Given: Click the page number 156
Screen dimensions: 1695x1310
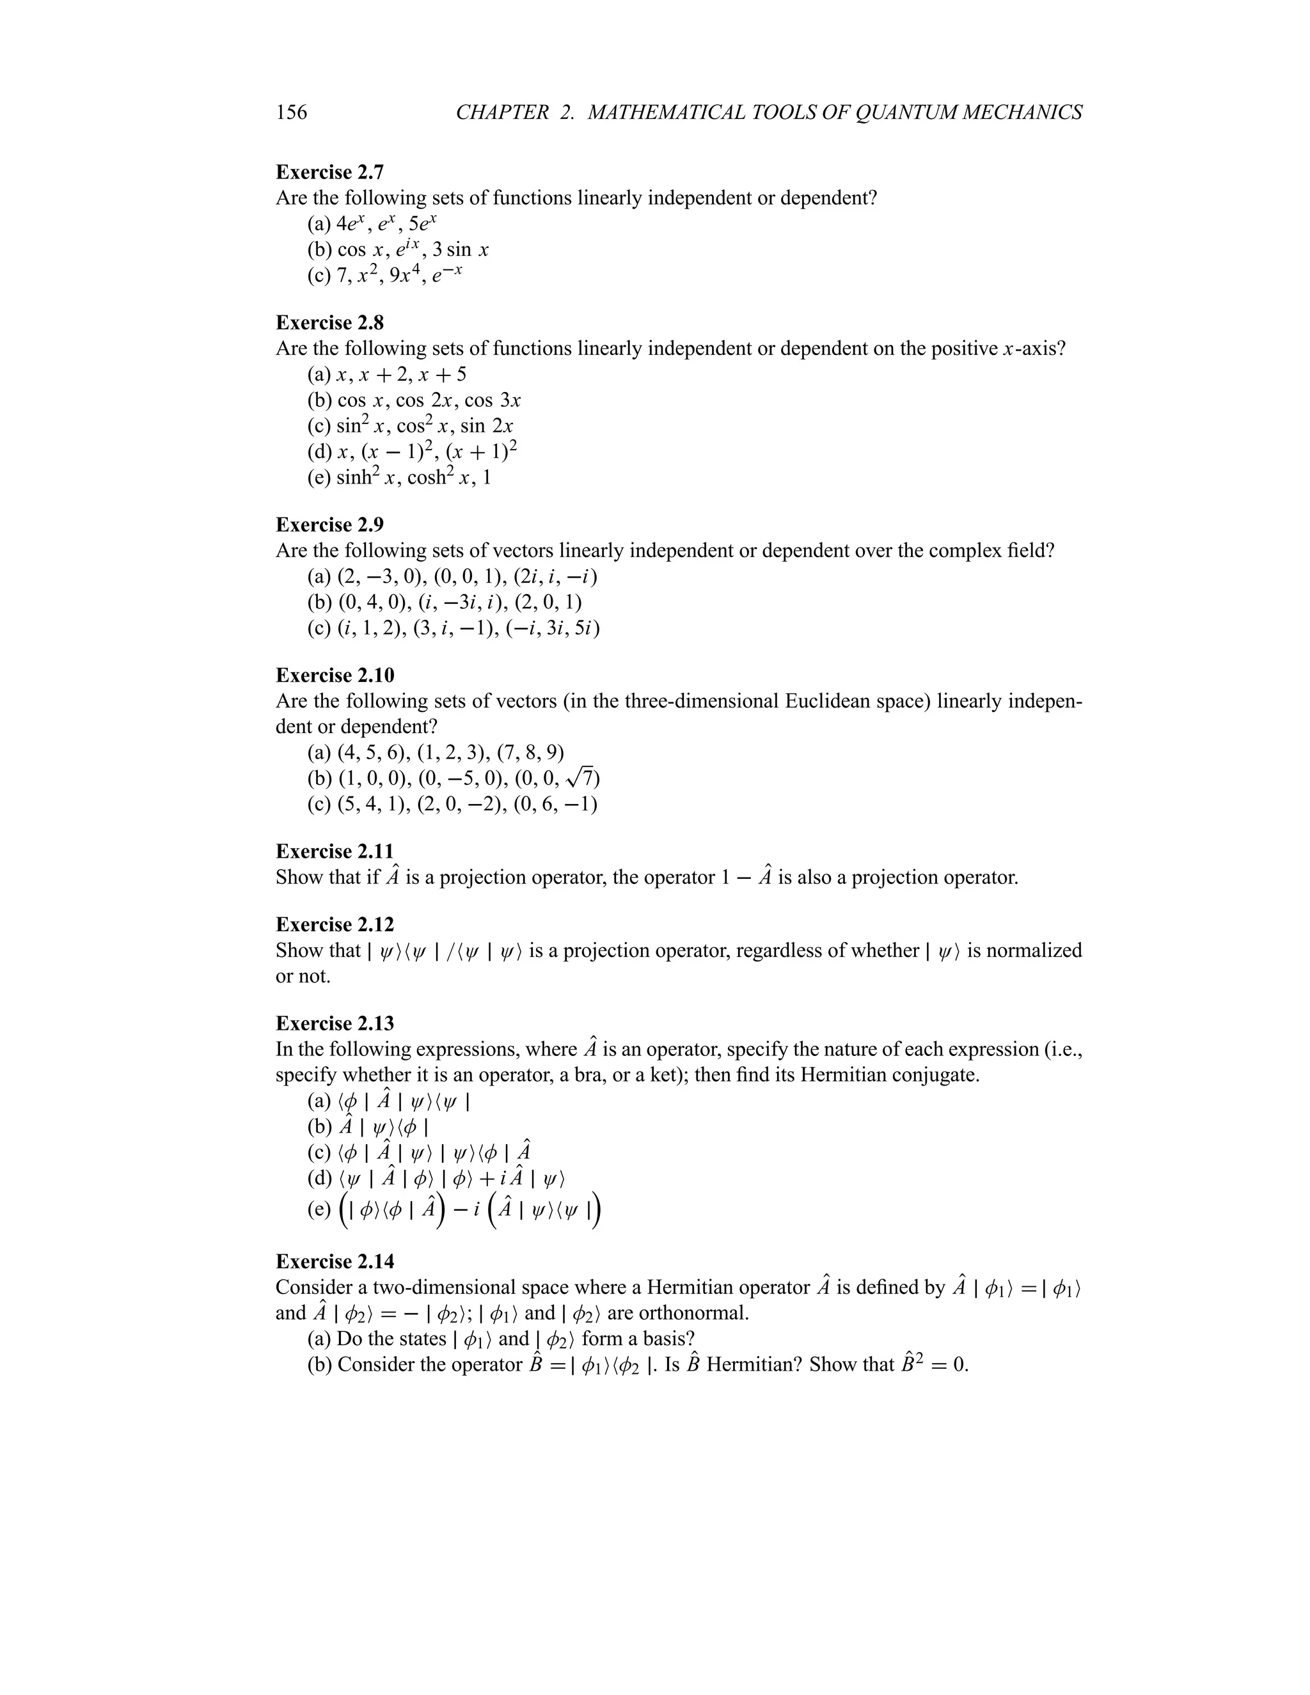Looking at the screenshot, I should [291, 113].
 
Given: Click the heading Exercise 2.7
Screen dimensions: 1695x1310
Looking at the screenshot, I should [330, 171].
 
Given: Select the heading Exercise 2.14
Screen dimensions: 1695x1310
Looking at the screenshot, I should [335, 1261].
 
